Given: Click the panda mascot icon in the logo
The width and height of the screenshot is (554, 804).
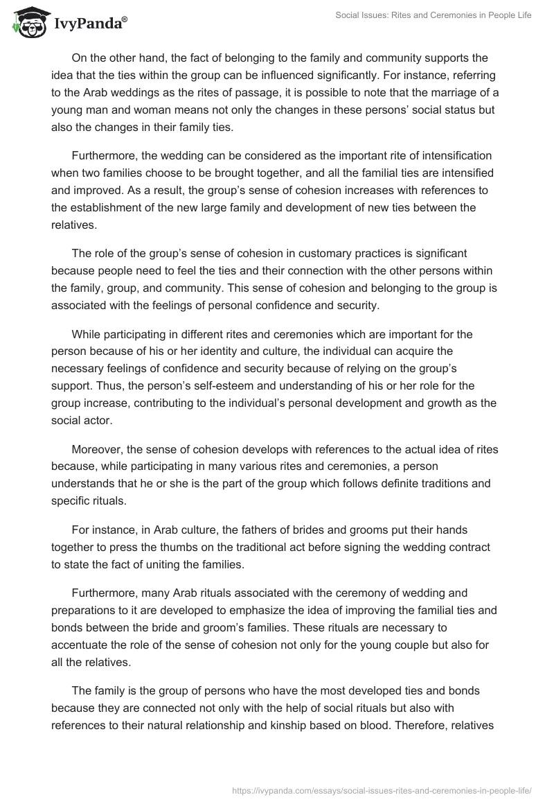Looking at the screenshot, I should click(x=28, y=23).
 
